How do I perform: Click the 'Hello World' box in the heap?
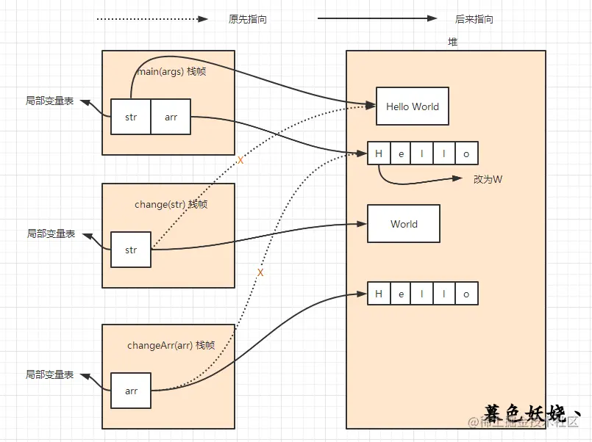tap(412, 106)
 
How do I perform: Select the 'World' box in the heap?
tap(404, 224)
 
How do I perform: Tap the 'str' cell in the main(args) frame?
tap(130, 117)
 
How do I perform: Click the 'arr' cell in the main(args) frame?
tap(171, 117)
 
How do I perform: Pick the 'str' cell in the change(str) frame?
tap(130, 250)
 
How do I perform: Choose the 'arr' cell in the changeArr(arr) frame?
tap(131, 391)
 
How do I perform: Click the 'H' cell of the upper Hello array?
tap(379, 153)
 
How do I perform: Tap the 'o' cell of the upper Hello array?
tap(466, 153)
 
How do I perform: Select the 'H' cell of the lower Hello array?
tap(379, 294)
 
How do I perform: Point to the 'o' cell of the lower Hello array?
tap(466, 294)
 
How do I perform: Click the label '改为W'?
tap(488, 179)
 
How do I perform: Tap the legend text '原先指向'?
tap(248, 20)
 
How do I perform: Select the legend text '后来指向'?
tap(474, 20)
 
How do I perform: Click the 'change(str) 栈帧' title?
tap(171, 204)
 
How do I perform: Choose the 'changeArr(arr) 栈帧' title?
tap(171, 345)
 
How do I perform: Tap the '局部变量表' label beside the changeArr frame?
tap(50, 374)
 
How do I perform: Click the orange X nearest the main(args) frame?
tap(240, 160)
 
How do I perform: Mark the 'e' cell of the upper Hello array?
tap(401, 153)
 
